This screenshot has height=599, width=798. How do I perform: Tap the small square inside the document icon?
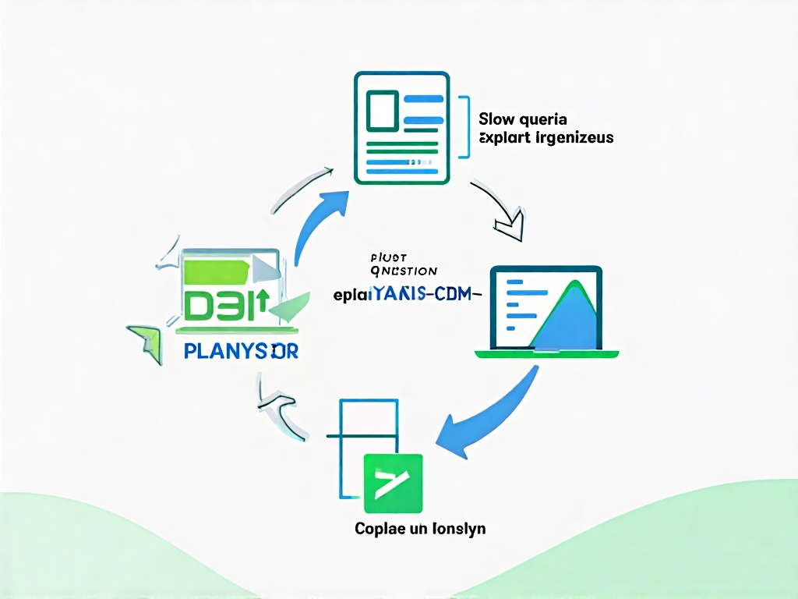click(x=382, y=110)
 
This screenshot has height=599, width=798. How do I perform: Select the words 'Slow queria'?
click(x=523, y=119)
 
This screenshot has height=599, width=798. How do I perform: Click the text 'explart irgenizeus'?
click(x=546, y=138)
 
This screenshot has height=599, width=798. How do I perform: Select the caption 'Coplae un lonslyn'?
click(x=420, y=529)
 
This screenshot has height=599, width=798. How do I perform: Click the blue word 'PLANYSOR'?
click(x=241, y=351)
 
